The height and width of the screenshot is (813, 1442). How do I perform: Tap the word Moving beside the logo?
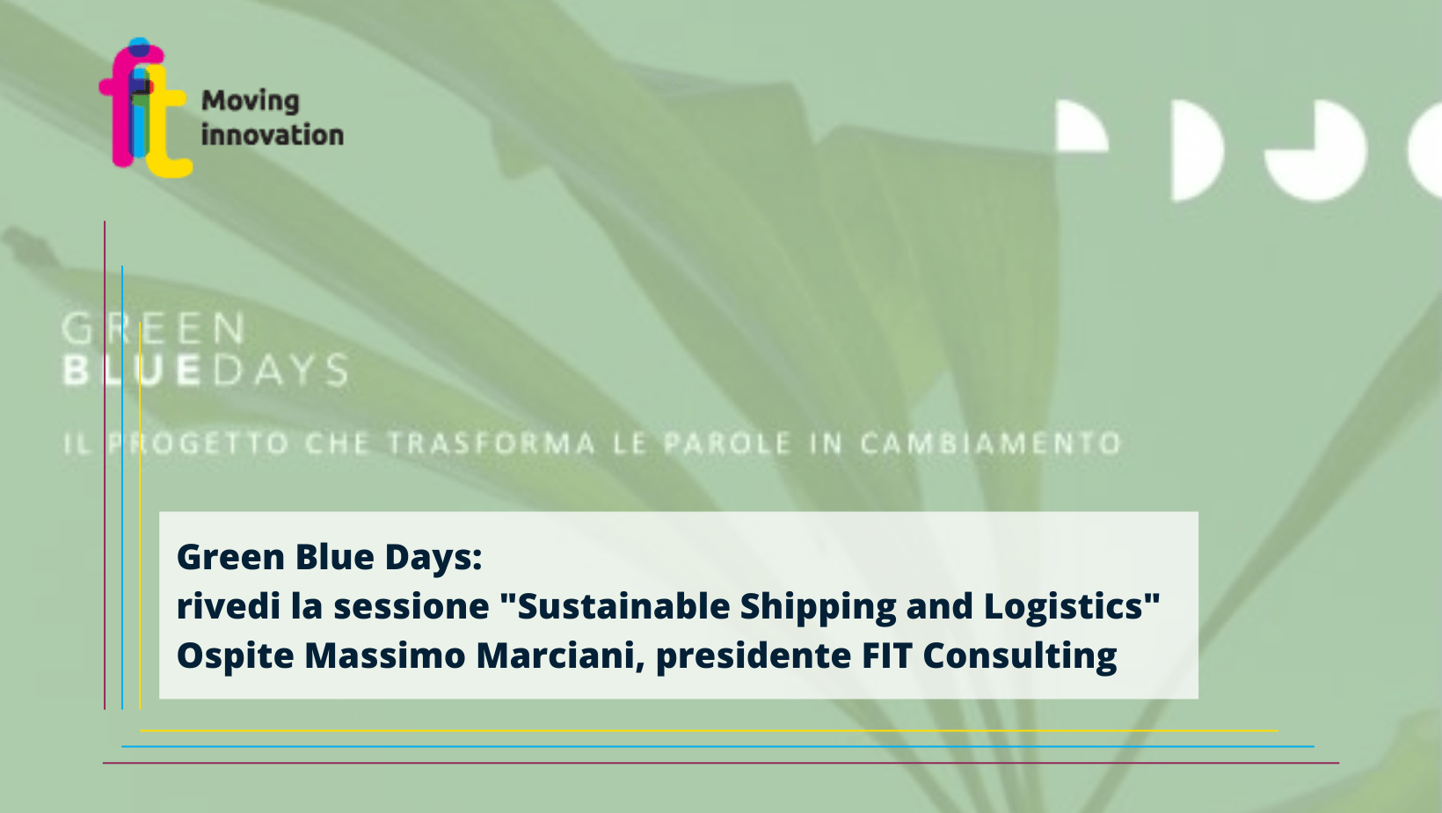coord(251,101)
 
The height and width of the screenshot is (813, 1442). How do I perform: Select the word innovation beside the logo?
coord(273,135)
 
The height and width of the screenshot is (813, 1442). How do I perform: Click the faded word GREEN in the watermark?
coord(153,328)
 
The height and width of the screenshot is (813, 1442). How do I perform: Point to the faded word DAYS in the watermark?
coord(280,370)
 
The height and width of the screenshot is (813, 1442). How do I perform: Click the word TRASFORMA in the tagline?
coord(492,443)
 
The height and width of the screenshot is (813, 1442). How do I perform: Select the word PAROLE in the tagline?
coord(727,443)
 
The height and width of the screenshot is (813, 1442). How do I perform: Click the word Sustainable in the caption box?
coord(623,606)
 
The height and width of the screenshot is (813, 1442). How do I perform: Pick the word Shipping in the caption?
coord(818,608)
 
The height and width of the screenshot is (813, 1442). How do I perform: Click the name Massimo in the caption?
coord(384,656)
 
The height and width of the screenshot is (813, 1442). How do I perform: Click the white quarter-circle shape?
coord(1082,126)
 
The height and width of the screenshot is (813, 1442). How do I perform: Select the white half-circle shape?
coord(1197,150)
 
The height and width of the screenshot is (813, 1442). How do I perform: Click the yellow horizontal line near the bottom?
coord(709,730)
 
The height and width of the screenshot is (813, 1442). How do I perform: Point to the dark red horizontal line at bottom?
coord(721,763)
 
